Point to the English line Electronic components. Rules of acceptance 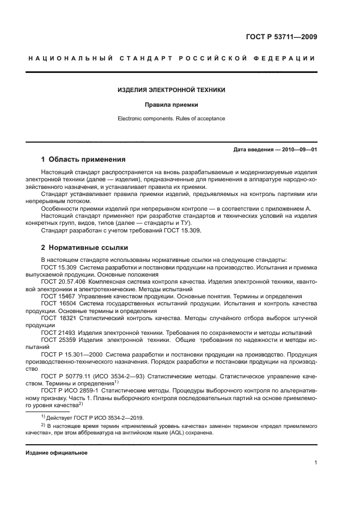point(172,118)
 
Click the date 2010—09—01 point(299,149)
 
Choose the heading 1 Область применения point(83,160)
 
